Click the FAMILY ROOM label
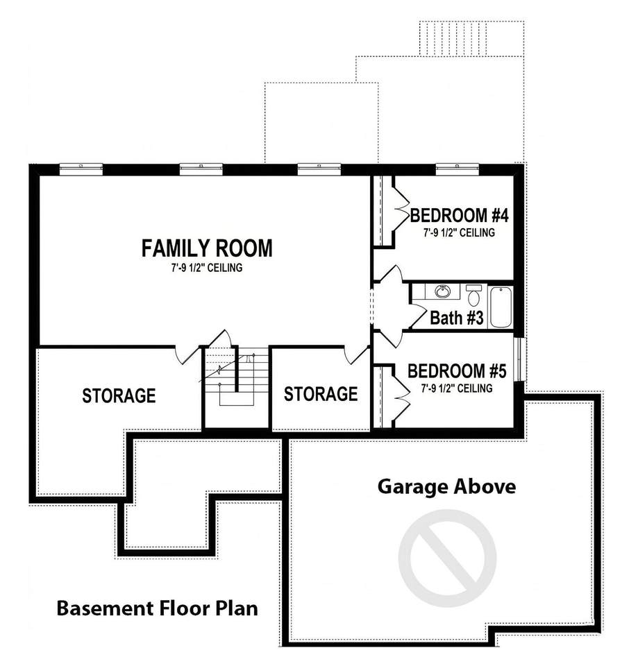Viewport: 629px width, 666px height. coord(207,248)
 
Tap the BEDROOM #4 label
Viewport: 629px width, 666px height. coord(459,215)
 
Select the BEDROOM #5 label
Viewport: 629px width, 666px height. coord(457,370)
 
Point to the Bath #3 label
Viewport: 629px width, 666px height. coord(456,318)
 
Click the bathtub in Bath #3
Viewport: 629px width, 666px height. coord(501,307)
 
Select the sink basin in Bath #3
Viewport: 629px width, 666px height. coord(442,291)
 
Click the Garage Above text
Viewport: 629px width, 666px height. coord(446,486)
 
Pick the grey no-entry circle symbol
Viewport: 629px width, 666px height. coord(447,558)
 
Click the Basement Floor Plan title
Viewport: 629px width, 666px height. coord(157,608)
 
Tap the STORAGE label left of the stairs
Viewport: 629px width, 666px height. coord(119,395)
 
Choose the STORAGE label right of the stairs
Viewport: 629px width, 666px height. coord(321,394)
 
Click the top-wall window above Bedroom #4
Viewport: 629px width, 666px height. coord(458,169)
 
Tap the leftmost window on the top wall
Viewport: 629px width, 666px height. coord(81,169)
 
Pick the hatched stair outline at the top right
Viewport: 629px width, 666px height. coord(471,38)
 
